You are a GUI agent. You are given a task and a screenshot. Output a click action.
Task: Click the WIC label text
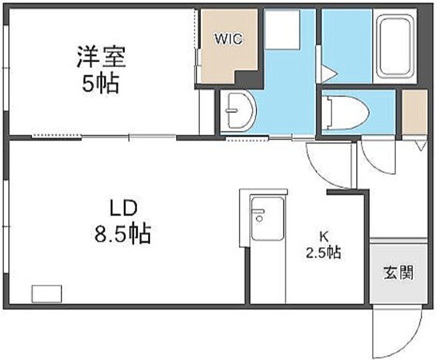(228, 39)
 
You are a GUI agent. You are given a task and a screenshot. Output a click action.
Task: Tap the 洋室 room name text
(102, 57)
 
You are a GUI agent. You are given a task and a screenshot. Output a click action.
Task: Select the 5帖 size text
(101, 83)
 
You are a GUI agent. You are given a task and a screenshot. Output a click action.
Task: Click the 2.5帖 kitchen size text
(324, 252)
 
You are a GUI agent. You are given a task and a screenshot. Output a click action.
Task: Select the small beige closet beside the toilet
(414, 112)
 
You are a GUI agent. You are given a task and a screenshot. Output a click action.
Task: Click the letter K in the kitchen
(324, 237)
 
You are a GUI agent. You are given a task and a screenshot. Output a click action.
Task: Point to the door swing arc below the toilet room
(378, 155)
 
